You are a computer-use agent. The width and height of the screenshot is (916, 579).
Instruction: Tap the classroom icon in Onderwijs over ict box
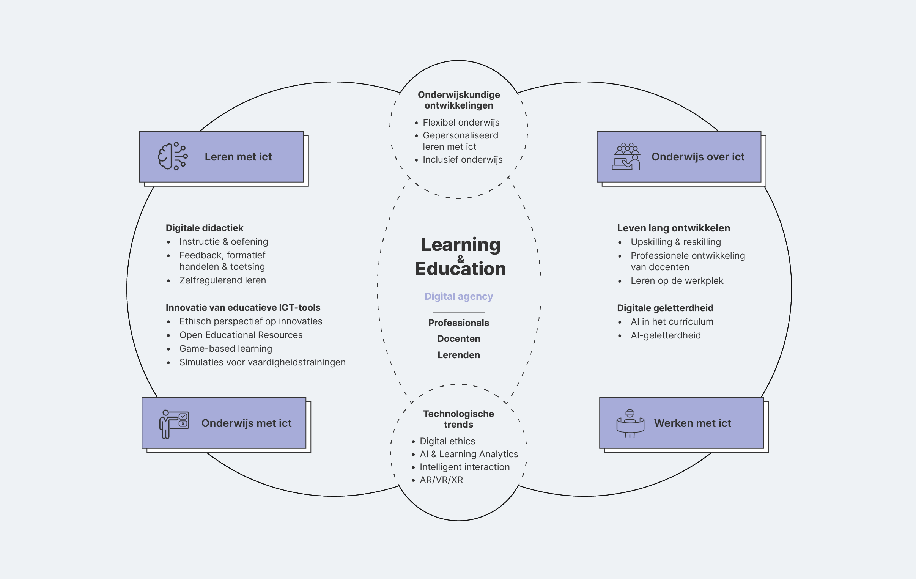point(626,156)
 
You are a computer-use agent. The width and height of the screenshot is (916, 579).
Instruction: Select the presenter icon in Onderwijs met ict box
point(174,424)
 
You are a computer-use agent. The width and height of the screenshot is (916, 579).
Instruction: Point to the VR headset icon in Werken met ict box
point(630,423)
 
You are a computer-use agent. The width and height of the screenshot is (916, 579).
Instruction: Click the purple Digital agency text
point(458,296)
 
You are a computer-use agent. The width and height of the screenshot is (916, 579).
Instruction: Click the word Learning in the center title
point(460,245)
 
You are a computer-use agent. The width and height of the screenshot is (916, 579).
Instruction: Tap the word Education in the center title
point(460,269)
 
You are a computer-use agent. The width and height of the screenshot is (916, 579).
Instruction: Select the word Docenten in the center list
point(458,338)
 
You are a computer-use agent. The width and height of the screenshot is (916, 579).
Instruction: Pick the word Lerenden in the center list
point(458,355)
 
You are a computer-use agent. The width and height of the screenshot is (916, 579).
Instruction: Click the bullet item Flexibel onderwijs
point(461,123)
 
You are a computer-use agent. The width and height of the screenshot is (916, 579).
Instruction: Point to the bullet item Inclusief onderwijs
point(462,160)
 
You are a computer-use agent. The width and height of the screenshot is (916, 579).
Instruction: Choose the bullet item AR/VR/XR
point(441,480)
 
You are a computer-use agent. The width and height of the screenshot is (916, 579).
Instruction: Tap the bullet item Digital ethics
point(447,441)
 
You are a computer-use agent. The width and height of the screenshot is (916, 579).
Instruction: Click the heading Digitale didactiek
point(204,228)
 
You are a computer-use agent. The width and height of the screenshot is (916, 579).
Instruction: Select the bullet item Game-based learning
point(225,348)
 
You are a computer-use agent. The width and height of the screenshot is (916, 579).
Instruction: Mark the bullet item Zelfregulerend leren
point(222,280)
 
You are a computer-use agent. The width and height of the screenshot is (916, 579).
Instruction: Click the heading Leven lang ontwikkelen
point(673,228)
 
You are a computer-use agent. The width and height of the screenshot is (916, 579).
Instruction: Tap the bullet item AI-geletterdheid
point(665,335)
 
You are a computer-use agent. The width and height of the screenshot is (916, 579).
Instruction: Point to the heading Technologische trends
point(458,419)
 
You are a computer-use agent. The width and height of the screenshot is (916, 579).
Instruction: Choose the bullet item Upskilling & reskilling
point(675,242)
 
